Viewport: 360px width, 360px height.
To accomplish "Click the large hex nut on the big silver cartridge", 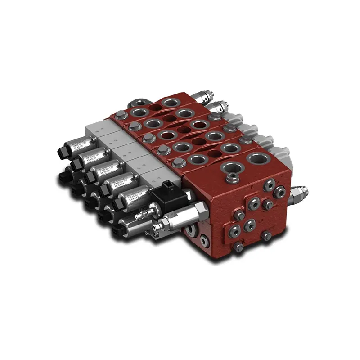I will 197,209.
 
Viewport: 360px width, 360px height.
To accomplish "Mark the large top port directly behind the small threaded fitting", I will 256,158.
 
